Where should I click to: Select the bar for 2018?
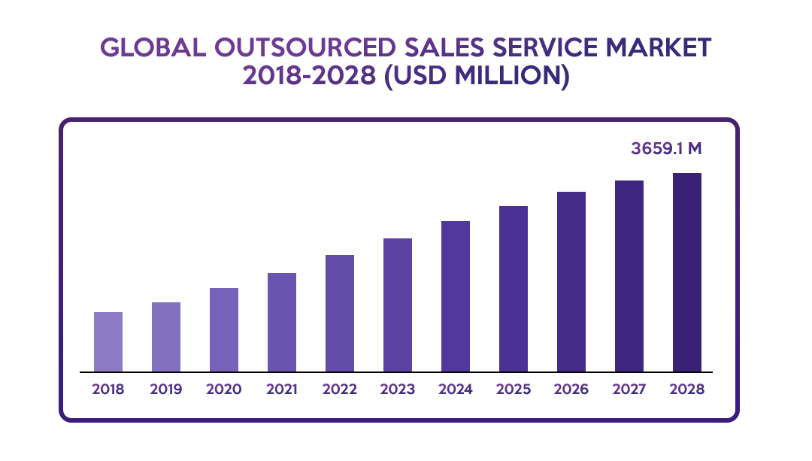tap(108, 341)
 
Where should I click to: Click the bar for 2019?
tap(166, 336)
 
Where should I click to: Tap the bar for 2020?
tap(224, 329)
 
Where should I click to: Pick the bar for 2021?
tap(282, 322)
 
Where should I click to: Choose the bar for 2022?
tap(340, 313)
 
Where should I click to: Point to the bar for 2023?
tap(398, 305)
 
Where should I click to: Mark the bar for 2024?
tap(456, 296)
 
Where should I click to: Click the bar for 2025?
tap(514, 288)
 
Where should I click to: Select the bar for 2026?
tap(571, 281)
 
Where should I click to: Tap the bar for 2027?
tap(630, 275)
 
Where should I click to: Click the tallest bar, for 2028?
tap(687, 271)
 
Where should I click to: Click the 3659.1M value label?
tap(666, 148)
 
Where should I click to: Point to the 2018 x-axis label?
tap(108, 390)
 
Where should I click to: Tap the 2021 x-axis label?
tap(282, 390)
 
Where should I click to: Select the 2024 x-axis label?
tap(456, 390)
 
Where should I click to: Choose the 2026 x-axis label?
tap(571, 390)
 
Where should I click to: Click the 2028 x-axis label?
tap(687, 390)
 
